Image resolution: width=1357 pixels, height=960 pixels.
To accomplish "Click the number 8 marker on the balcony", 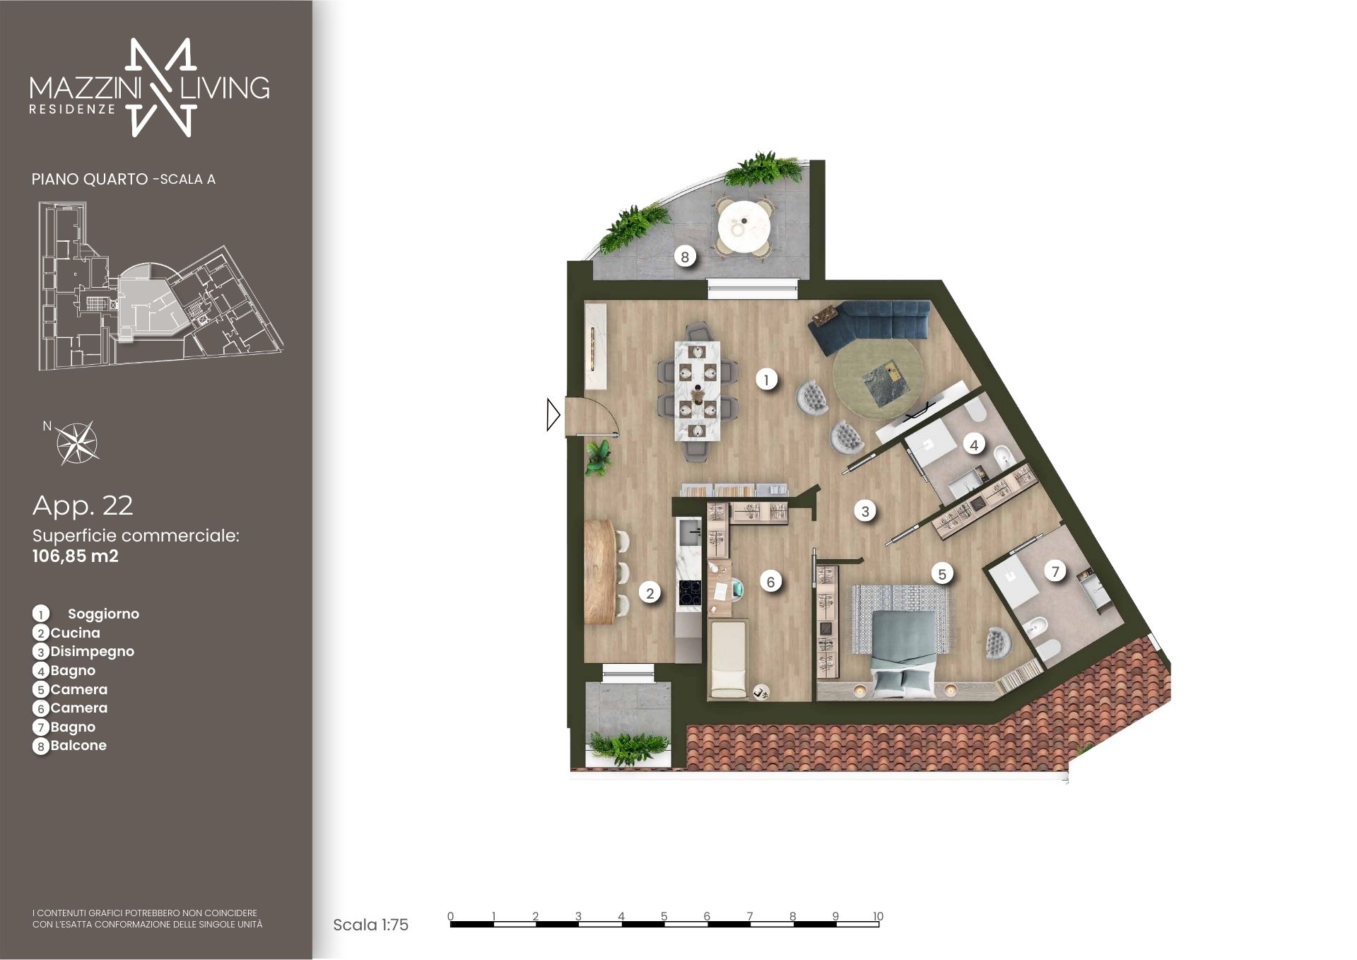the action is point(684,257).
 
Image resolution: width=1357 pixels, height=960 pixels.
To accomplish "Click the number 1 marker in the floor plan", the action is point(766,380).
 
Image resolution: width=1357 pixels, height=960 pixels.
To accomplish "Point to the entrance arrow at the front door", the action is point(553,415).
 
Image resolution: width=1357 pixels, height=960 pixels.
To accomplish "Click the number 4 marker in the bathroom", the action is point(974,445).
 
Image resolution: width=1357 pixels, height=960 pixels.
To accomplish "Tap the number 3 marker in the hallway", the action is point(865,511).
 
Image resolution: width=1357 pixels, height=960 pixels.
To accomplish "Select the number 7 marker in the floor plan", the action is point(1055,571).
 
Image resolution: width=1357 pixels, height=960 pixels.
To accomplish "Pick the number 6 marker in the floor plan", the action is point(770,582).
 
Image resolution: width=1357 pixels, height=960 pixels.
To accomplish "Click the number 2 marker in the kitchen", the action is point(650,593).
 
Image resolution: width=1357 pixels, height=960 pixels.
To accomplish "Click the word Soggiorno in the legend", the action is point(103,614).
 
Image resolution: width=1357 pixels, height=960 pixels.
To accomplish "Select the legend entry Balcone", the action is point(78,745).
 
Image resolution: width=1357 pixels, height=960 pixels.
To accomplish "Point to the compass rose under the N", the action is point(78,443).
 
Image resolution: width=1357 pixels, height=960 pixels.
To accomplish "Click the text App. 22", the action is point(83,505).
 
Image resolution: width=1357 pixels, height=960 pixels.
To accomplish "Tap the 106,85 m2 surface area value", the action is point(76,556).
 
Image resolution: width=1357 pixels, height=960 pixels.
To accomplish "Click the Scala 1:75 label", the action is point(370,925).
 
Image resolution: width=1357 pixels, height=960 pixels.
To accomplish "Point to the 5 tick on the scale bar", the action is point(664,917).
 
